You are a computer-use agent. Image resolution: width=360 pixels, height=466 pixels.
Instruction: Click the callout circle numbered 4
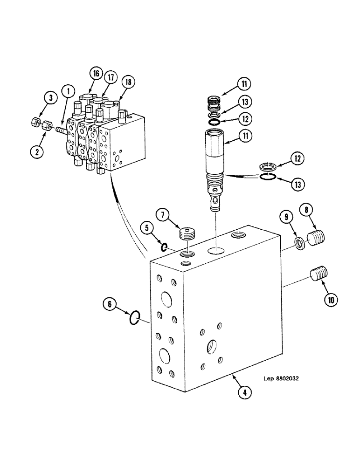(244, 392)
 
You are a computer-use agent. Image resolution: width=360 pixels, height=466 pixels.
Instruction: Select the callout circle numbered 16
(96, 73)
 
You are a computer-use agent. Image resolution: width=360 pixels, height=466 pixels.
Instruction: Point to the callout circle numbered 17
(110, 77)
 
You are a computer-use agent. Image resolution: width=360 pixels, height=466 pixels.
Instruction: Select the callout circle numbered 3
(50, 97)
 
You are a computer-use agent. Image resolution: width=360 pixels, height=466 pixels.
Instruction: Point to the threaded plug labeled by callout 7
(187, 233)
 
